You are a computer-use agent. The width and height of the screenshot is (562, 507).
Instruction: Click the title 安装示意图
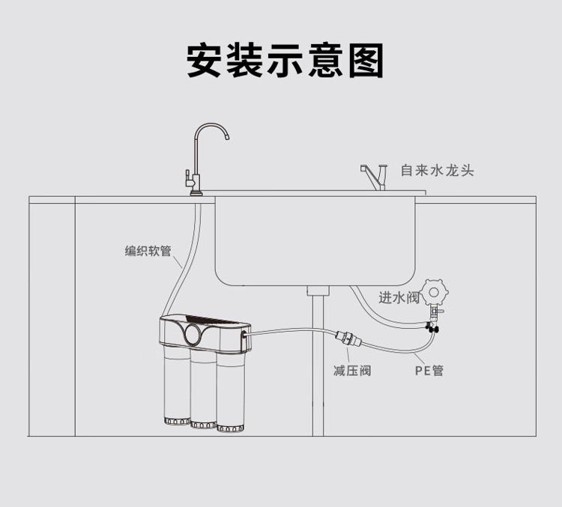(x=285, y=61)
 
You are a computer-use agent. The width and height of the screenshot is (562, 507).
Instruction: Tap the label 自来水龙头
(x=437, y=171)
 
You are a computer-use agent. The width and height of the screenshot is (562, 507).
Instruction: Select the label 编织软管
(x=148, y=252)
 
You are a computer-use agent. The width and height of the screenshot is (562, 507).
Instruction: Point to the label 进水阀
(x=399, y=298)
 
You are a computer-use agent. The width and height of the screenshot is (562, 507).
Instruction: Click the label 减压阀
(x=351, y=370)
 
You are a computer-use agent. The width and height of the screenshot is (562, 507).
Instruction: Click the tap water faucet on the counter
(x=372, y=177)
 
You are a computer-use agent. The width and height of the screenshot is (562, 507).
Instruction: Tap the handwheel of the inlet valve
(x=435, y=291)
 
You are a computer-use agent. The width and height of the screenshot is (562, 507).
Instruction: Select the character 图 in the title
(x=366, y=61)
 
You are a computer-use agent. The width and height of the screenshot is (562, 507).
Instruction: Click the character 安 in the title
(x=205, y=61)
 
